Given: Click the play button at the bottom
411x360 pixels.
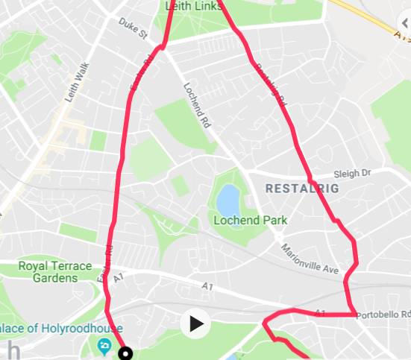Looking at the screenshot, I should [x=196, y=323].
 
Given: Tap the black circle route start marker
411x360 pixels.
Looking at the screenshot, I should [x=125, y=353].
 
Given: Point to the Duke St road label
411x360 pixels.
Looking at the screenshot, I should [x=134, y=29].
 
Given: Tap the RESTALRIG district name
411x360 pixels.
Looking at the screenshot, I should [x=302, y=189].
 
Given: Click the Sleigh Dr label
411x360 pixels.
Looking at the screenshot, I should [x=352, y=172].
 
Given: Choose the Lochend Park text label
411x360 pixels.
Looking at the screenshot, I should [x=250, y=221].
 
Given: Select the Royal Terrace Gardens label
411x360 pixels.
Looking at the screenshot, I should [x=55, y=272].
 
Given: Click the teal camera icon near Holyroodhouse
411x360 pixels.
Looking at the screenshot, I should [x=104, y=346].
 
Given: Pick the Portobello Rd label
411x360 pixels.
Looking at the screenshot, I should [x=385, y=315].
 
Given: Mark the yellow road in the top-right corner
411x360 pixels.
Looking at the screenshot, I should [x=373, y=19].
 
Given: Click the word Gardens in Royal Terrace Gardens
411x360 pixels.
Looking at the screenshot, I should [x=55, y=278].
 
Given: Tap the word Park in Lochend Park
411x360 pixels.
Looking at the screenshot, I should [x=274, y=221].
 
